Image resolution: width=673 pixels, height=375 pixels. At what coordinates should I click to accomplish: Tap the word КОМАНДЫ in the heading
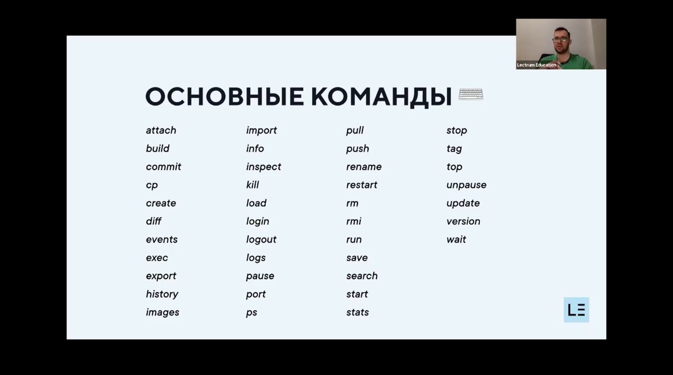click(381, 97)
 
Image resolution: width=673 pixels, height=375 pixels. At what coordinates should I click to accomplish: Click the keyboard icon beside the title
click(471, 94)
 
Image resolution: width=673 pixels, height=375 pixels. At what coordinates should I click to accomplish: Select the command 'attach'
click(161, 130)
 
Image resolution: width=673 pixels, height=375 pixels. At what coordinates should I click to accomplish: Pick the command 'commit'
click(163, 167)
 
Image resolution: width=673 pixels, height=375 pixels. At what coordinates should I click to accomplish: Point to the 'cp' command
click(152, 185)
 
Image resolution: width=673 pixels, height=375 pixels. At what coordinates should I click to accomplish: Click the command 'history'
click(162, 294)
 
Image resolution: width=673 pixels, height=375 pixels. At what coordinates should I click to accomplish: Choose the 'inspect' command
click(263, 167)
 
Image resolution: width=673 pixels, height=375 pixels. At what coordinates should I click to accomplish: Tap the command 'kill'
click(253, 185)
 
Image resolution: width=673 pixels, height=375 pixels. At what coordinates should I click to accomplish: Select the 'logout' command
click(261, 239)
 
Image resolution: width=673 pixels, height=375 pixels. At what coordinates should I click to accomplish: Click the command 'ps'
click(251, 313)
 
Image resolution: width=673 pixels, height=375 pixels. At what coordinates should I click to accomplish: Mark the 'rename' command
click(364, 167)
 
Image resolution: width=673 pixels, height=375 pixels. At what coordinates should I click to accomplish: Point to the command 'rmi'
click(353, 221)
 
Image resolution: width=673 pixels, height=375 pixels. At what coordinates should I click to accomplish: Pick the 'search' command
click(362, 276)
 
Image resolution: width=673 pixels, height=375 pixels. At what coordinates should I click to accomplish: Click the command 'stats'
click(357, 312)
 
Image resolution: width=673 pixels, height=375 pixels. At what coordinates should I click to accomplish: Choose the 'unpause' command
click(466, 185)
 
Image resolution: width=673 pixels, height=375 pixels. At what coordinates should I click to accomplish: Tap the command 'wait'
click(456, 239)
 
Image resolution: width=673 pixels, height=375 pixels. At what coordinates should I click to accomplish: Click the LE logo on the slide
click(576, 310)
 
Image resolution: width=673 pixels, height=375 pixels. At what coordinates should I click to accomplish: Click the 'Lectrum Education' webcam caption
click(537, 65)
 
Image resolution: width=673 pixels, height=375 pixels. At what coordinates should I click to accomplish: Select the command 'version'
click(463, 222)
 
